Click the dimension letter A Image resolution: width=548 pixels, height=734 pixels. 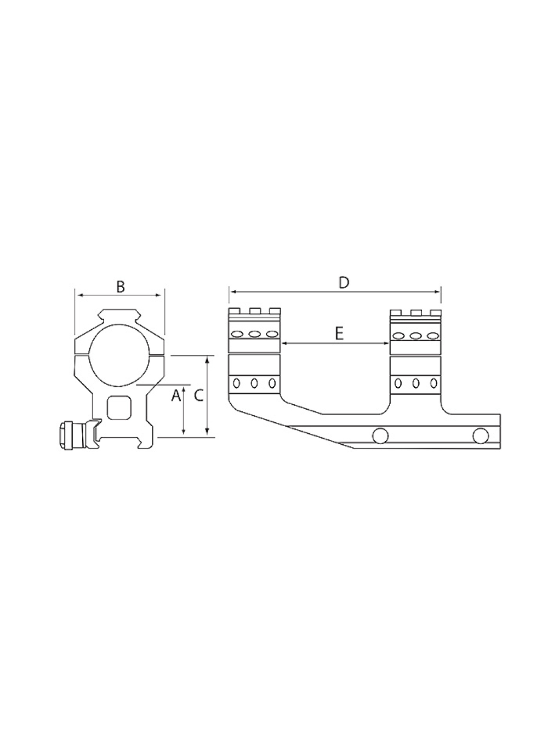(x=176, y=396)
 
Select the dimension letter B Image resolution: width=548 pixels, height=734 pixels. (x=121, y=287)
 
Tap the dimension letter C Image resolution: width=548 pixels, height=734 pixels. (x=199, y=396)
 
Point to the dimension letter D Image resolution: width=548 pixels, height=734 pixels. (x=344, y=283)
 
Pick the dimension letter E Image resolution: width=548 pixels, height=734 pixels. (x=339, y=334)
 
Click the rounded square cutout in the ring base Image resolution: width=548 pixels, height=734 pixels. (x=119, y=408)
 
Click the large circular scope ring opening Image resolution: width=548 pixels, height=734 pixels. (x=119, y=355)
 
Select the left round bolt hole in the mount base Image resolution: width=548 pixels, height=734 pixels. (x=381, y=435)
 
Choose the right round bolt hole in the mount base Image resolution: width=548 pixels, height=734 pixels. (x=481, y=435)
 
